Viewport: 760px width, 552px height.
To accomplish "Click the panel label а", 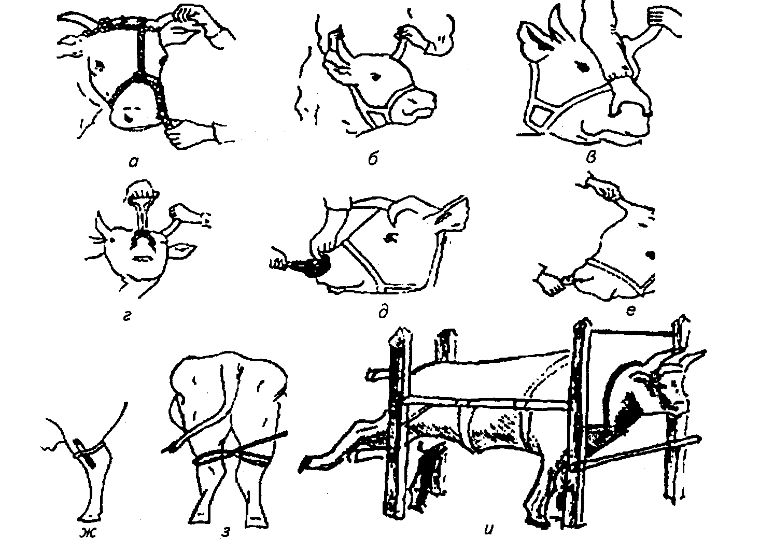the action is [x=134, y=163].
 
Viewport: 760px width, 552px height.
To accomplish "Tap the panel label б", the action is [x=373, y=159].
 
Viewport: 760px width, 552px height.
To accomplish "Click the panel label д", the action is [x=383, y=312].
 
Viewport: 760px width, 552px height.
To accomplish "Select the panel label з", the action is [x=226, y=532].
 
